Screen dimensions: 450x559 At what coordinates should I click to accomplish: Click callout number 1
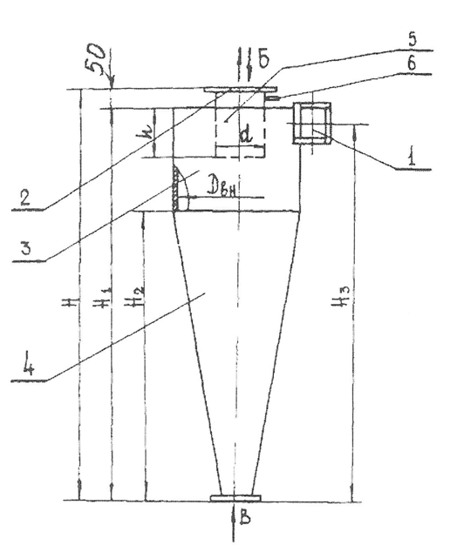pos(412,158)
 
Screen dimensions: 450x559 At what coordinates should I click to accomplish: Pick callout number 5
pos(412,39)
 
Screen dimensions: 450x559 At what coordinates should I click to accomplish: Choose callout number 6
pos(412,64)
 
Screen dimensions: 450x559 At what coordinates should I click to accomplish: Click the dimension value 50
pos(97,58)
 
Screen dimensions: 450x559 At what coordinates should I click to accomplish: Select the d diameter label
pos(247,135)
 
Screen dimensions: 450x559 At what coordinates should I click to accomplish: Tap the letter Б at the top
pos(263,59)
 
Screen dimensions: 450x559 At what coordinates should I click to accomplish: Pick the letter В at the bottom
pos(245,518)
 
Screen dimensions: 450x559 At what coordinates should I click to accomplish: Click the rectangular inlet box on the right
pos(312,123)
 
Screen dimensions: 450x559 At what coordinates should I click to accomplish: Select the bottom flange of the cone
pos(235,498)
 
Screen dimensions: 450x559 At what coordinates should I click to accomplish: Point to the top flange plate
pos(241,90)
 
